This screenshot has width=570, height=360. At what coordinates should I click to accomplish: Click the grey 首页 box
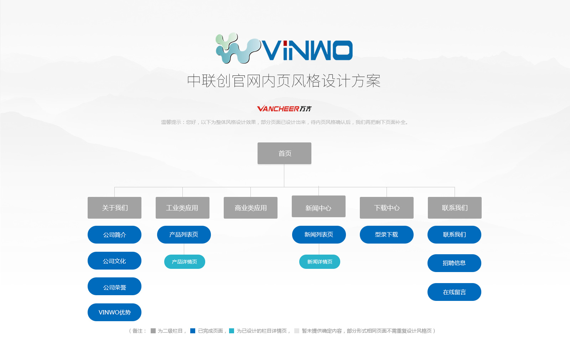pyautogui.click(x=284, y=153)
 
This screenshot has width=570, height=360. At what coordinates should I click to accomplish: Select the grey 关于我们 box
pyautogui.click(x=114, y=208)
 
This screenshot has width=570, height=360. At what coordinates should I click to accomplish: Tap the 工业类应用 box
pyautogui.click(x=182, y=208)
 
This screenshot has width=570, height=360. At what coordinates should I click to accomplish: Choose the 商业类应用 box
pyautogui.click(x=251, y=208)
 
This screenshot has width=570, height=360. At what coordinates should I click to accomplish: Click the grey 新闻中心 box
pyautogui.click(x=318, y=206)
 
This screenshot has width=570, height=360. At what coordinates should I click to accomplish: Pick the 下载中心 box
pyautogui.click(x=387, y=208)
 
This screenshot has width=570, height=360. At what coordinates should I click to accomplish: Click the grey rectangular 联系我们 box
pyautogui.click(x=455, y=208)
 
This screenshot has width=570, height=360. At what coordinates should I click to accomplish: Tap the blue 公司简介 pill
pyautogui.click(x=114, y=235)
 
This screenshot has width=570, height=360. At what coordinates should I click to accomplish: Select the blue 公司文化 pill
pyautogui.click(x=114, y=261)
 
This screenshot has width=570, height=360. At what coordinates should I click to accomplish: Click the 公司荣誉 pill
pyautogui.click(x=114, y=287)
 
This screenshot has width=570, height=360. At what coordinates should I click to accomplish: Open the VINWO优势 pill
pyautogui.click(x=114, y=312)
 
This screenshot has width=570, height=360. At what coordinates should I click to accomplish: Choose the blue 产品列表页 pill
pyautogui.click(x=184, y=235)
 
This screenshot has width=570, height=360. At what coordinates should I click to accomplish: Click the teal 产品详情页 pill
pyautogui.click(x=185, y=262)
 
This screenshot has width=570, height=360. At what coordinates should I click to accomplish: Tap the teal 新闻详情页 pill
pyautogui.click(x=320, y=262)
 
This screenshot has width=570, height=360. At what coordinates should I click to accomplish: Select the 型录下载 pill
pyautogui.click(x=387, y=235)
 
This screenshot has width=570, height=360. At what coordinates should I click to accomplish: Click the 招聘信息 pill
pyautogui.click(x=454, y=263)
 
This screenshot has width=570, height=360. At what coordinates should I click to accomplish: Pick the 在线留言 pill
pyautogui.click(x=454, y=292)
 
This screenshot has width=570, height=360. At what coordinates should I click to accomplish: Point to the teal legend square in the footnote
pyautogui.click(x=232, y=331)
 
